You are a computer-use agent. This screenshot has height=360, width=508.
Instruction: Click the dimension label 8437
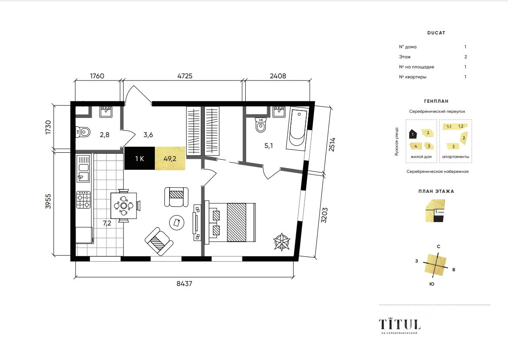184,283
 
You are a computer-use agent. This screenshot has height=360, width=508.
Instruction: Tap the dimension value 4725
185,76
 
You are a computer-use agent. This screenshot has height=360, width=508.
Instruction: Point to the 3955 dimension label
48,201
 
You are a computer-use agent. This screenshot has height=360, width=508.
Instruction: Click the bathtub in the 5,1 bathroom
297,128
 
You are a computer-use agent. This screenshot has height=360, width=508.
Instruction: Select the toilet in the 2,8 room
83,132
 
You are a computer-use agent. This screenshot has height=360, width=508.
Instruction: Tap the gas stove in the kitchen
83,200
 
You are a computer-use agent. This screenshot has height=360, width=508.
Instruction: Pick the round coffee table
177,222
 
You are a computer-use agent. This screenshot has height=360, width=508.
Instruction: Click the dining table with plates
124,205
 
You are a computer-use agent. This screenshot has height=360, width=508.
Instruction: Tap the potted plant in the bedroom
282,242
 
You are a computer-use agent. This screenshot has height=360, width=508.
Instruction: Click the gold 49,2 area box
170,158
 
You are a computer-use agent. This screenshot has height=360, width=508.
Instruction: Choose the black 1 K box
140,158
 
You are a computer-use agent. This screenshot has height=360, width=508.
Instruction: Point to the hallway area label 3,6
148,135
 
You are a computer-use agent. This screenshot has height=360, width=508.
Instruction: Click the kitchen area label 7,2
107,223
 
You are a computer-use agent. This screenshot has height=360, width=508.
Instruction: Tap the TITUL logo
400,324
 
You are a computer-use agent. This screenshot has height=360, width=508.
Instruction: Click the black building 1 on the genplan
413,134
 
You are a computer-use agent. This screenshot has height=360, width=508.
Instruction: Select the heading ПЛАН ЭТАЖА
436,192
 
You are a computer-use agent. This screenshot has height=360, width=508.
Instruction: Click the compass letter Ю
431,284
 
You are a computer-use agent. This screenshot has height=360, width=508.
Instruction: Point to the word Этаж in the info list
404,57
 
